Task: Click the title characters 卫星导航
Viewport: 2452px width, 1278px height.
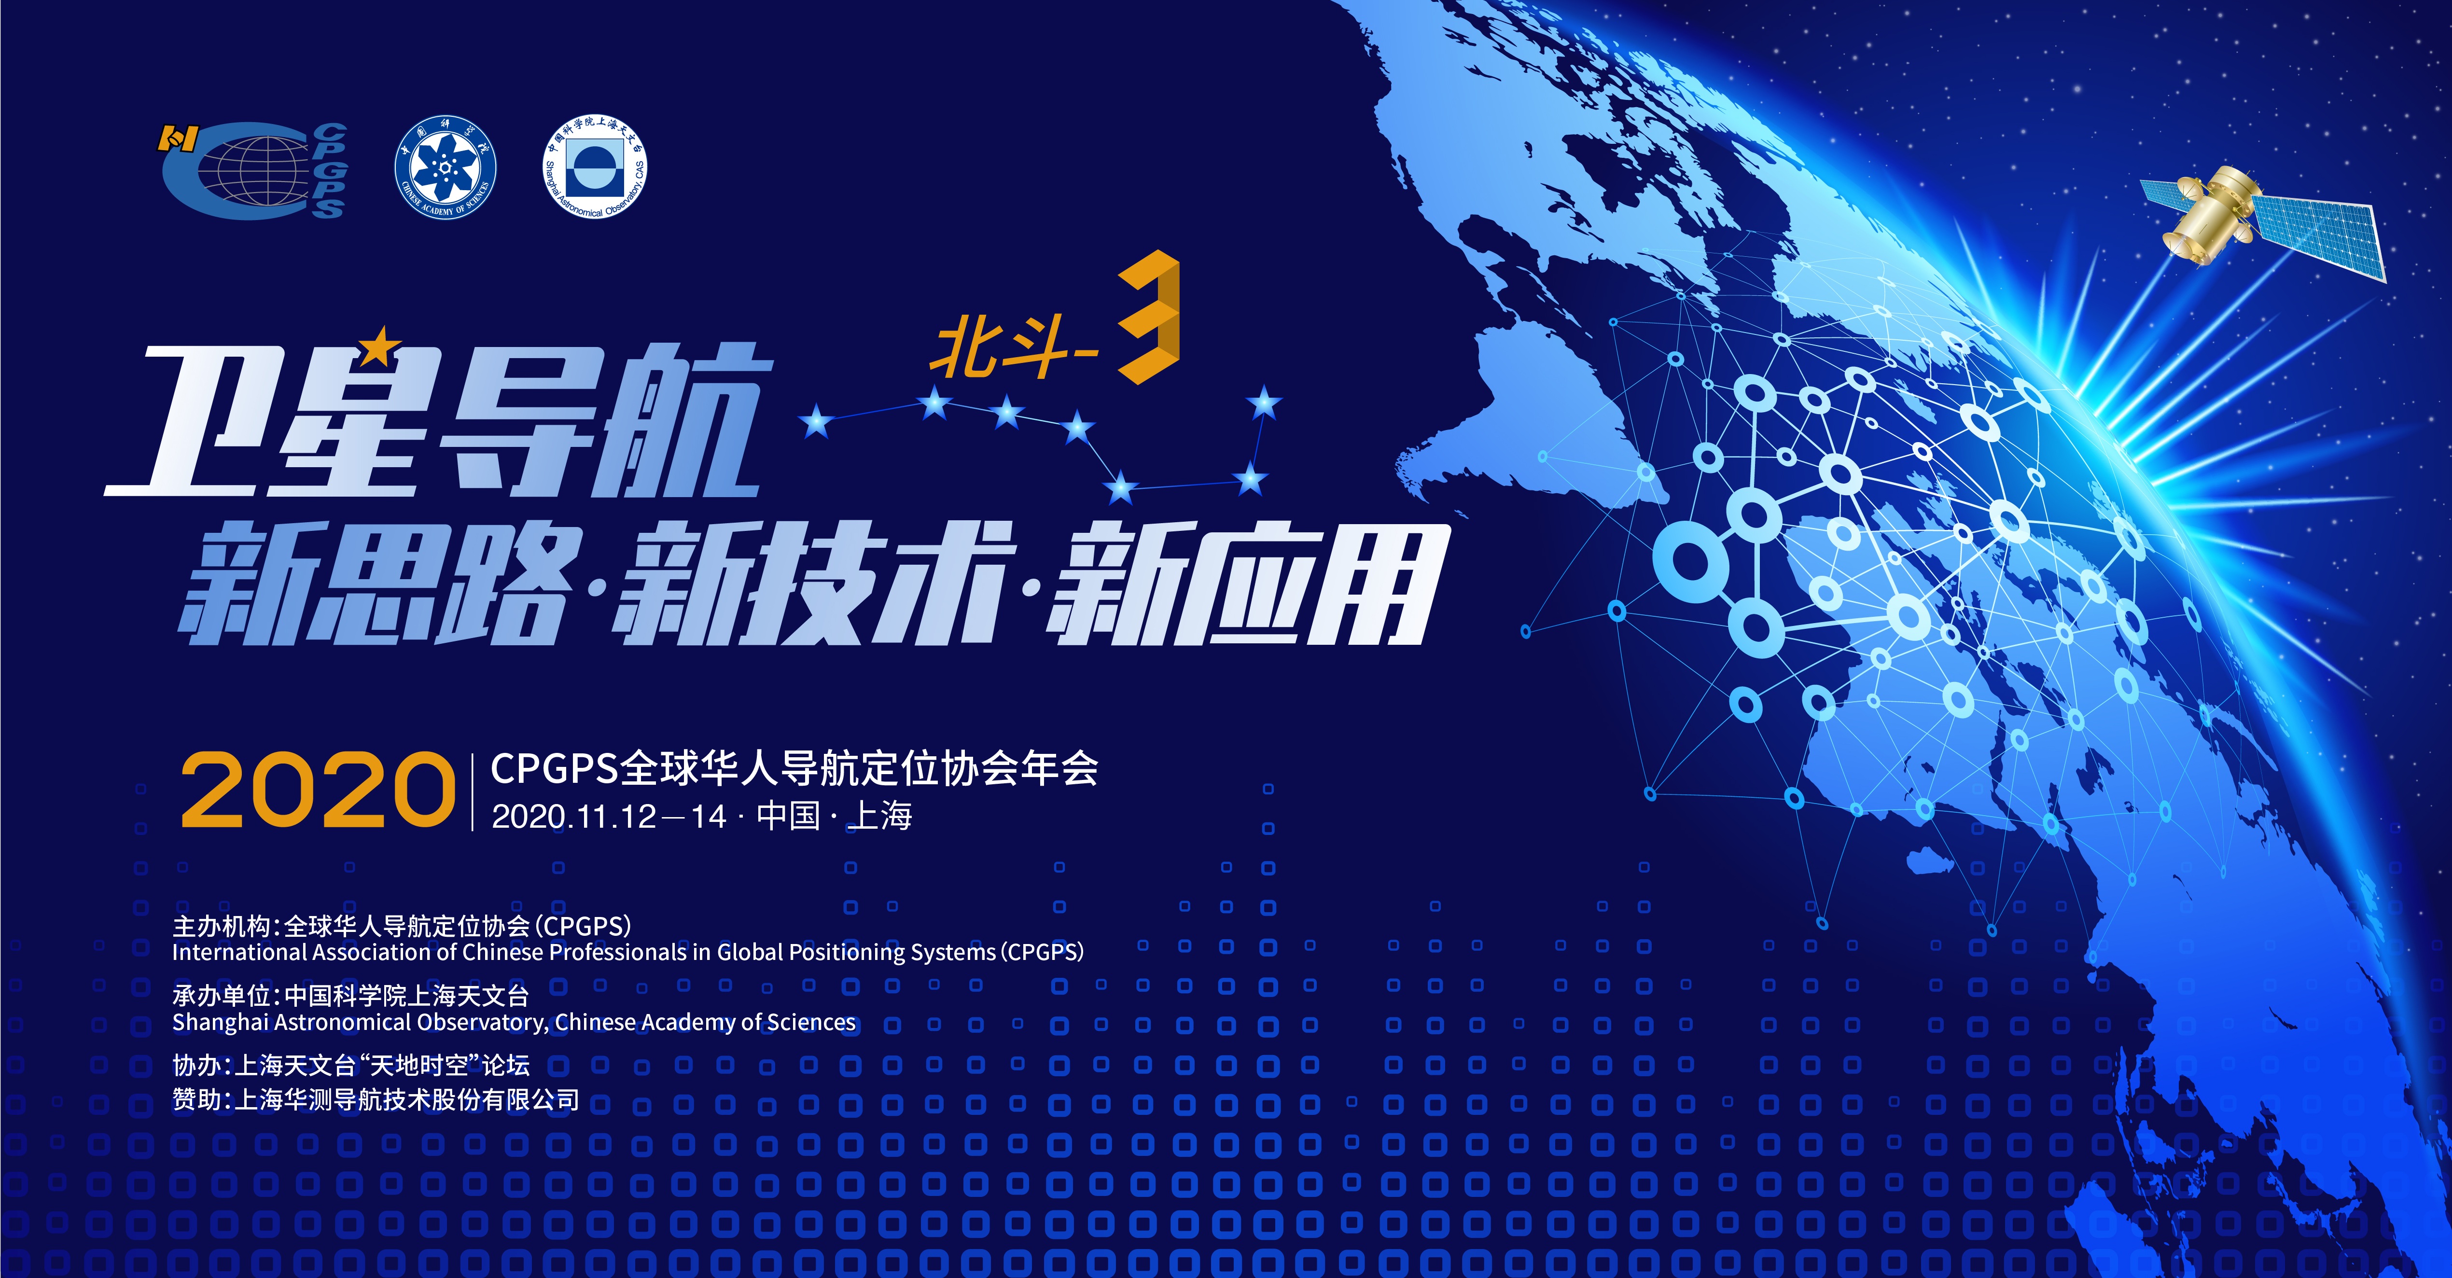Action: point(438,420)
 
